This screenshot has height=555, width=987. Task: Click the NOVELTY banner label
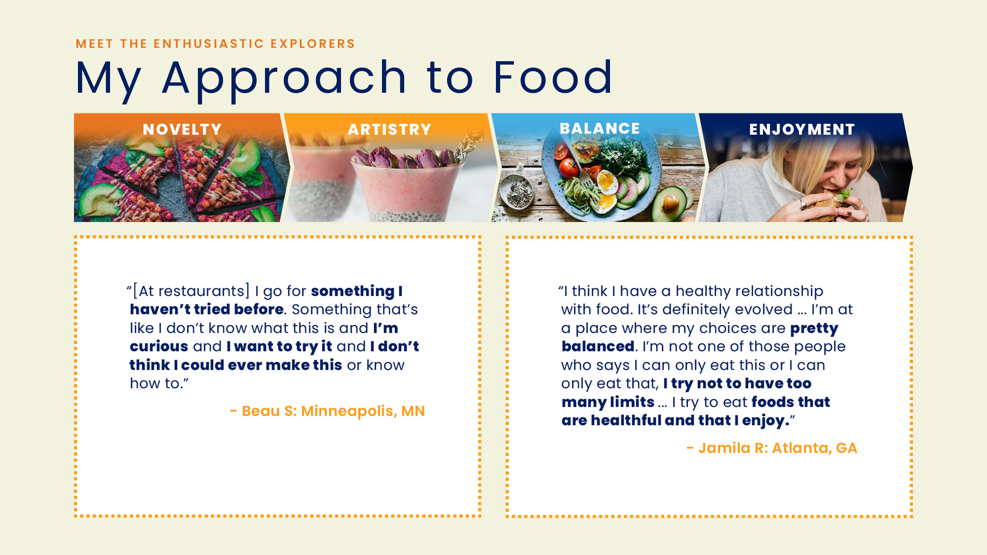pyautogui.click(x=182, y=129)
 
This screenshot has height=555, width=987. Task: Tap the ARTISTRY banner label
pyautogui.click(x=389, y=129)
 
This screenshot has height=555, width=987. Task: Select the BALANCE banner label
pyautogui.click(x=599, y=128)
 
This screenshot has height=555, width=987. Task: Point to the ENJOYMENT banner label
pyautogui.click(x=801, y=129)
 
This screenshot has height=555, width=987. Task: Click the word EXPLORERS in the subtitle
pyautogui.click(x=313, y=44)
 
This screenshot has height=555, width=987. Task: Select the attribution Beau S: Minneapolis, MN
pyautogui.click(x=327, y=411)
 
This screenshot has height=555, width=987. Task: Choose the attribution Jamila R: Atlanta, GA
pyautogui.click(x=772, y=448)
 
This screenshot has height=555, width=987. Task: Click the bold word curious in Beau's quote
pyautogui.click(x=159, y=347)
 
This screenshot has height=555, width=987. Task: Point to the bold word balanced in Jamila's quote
pyautogui.click(x=598, y=346)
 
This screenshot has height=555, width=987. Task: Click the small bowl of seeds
pyautogui.click(x=517, y=192)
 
